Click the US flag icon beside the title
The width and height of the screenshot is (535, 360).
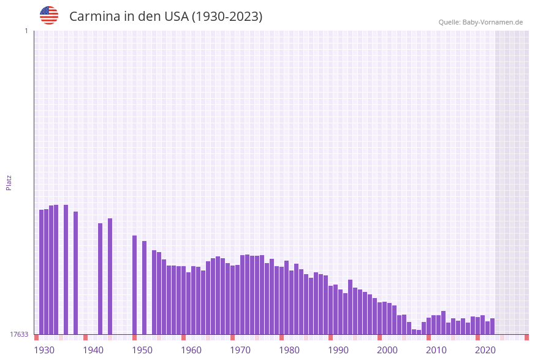click(49, 15)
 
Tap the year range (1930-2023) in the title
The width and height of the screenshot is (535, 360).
click(227, 17)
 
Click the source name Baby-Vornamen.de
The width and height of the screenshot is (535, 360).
click(493, 22)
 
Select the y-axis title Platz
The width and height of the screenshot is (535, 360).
click(9, 182)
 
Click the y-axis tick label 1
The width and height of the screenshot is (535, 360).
click(26, 31)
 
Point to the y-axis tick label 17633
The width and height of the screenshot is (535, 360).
click(18, 334)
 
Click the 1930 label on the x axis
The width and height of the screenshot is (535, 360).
click(44, 350)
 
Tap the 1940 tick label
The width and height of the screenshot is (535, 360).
click(93, 350)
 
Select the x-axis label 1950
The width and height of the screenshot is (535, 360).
click(142, 350)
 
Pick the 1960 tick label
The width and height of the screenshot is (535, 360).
click(191, 350)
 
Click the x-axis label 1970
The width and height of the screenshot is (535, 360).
click(240, 350)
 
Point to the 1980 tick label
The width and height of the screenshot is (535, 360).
click(289, 350)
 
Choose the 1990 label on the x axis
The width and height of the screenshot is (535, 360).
click(338, 350)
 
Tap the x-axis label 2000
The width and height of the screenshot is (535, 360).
click(387, 350)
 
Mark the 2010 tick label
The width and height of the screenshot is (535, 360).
click(436, 350)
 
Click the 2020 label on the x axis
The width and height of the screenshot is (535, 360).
click(485, 350)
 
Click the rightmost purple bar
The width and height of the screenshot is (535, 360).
click(492, 326)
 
